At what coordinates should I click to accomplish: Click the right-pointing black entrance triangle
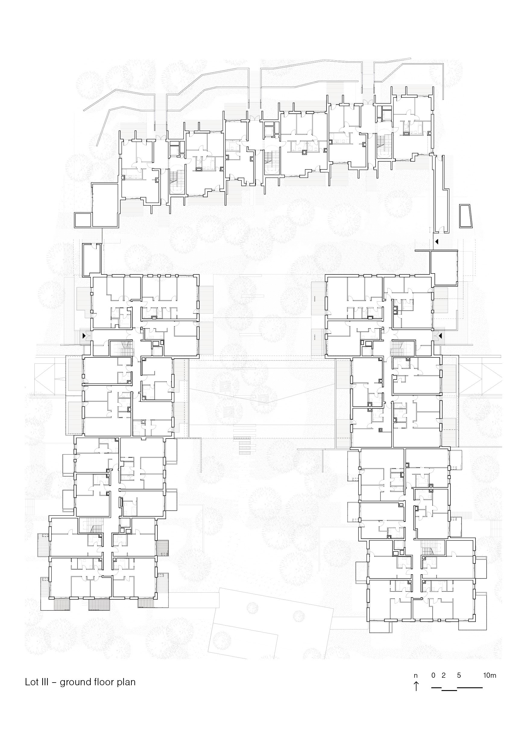click(x=84, y=335)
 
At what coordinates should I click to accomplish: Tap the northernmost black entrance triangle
click(x=437, y=242)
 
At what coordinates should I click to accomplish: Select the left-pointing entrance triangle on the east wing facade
click(x=440, y=335)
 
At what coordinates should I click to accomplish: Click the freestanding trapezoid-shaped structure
click(x=465, y=216)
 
